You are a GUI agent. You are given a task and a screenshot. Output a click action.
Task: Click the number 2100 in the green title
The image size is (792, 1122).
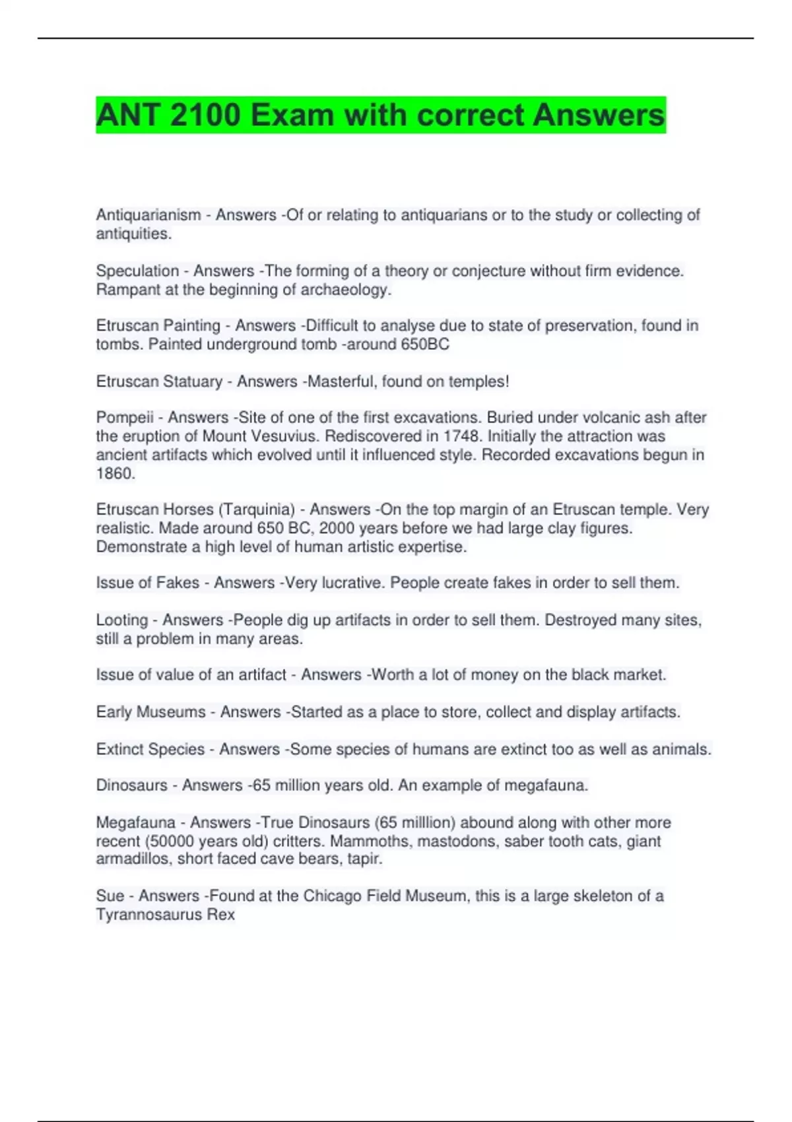click(x=205, y=115)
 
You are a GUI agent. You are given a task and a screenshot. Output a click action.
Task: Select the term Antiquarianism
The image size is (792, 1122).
click(x=148, y=215)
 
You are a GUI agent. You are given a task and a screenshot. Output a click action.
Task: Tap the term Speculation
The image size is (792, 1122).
click(x=137, y=271)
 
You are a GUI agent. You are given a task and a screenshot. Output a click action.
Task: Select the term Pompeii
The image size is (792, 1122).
click(x=125, y=418)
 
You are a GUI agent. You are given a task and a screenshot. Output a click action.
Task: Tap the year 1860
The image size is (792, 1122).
click(x=115, y=473)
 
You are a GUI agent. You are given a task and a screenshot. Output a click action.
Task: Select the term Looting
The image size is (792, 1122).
click(x=121, y=620)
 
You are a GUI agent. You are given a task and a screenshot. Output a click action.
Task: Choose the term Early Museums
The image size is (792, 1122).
click(x=150, y=712)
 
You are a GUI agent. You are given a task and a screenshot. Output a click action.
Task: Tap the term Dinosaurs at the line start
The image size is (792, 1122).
click(x=131, y=785)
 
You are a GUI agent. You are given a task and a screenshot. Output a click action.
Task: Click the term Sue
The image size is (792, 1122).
click(x=110, y=896)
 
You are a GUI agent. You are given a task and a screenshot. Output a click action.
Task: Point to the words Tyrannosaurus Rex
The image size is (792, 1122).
click(x=165, y=915)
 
